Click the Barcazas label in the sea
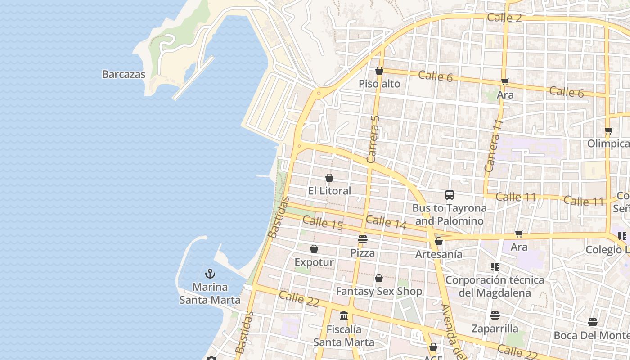(x=123, y=74)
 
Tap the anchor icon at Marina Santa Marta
(x=210, y=274)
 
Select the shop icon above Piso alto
(x=379, y=71)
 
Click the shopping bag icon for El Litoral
(x=329, y=178)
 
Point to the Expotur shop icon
(x=314, y=249)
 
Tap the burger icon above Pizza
(x=363, y=239)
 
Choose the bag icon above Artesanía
(x=439, y=241)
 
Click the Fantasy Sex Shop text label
(x=379, y=292)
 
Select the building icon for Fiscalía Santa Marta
(x=344, y=315)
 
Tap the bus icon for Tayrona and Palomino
(x=450, y=195)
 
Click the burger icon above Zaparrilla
(x=495, y=315)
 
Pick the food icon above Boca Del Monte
(x=593, y=322)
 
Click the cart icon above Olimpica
(x=608, y=131)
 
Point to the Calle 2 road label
(x=504, y=18)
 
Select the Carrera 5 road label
(x=373, y=139)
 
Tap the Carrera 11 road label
(x=493, y=146)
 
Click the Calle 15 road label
(x=323, y=223)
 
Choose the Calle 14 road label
(x=386, y=221)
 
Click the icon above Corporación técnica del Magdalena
(x=495, y=267)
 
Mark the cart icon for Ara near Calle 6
(x=505, y=81)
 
